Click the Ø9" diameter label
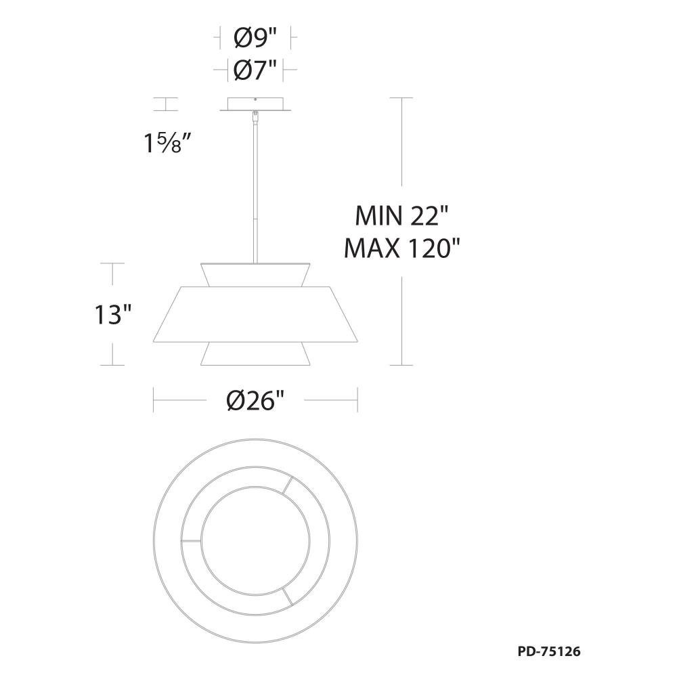255,39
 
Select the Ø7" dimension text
255,70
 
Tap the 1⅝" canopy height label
168,143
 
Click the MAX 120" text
402,248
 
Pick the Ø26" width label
256,401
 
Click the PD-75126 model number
549,651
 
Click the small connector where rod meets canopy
256,116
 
